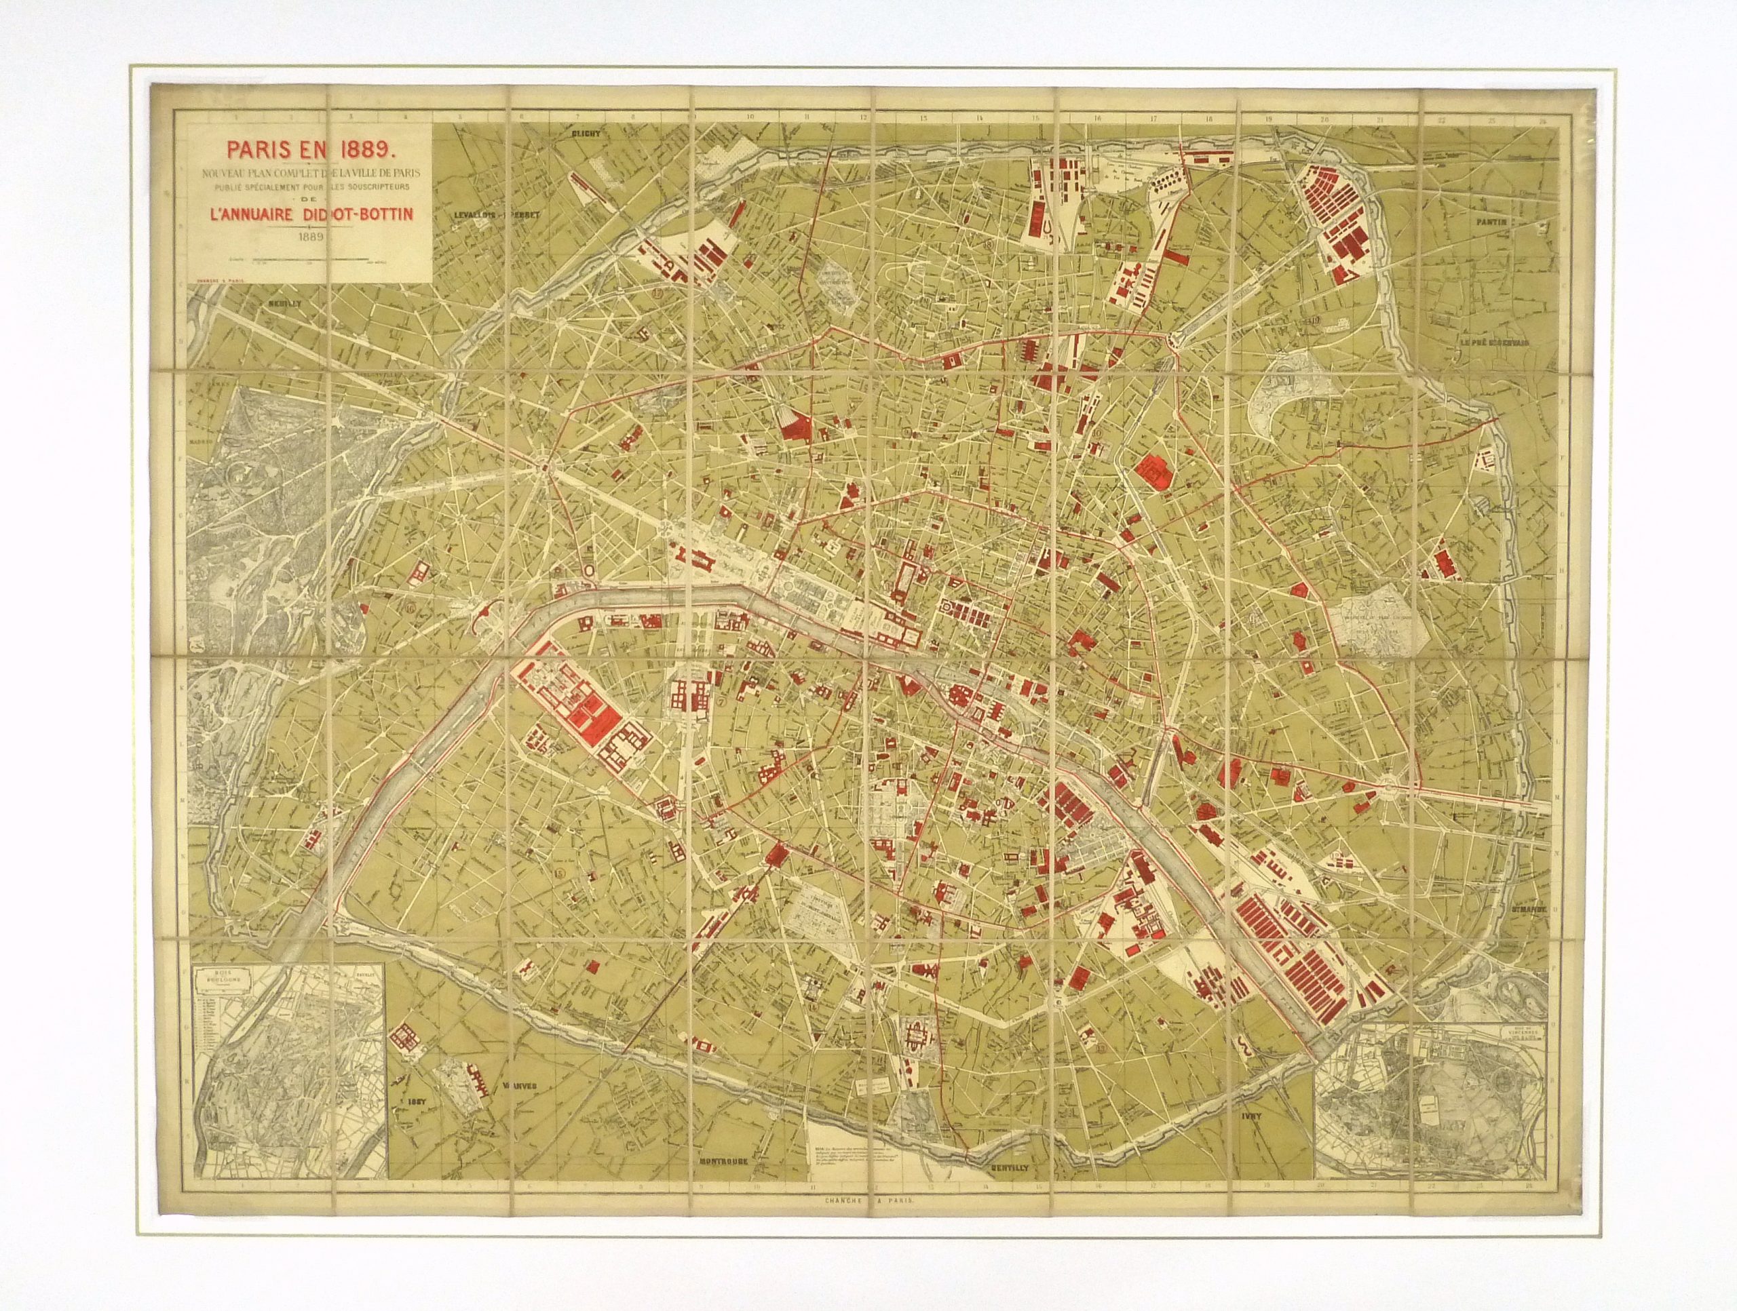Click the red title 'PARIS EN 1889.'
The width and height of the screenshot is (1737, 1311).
coord(303,146)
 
